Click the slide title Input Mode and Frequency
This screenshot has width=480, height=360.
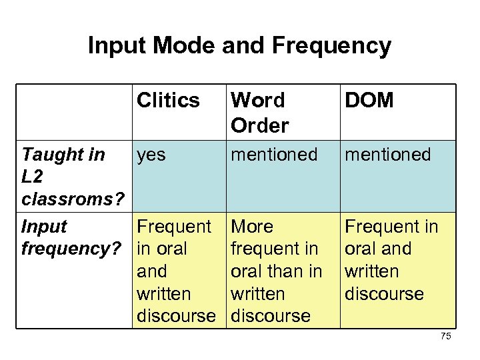(x=239, y=45)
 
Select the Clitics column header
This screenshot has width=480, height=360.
(x=168, y=101)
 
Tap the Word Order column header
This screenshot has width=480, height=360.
(x=259, y=112)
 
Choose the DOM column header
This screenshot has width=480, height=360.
(x=369, y=101)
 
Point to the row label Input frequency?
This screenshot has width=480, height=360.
(x=71, y=237)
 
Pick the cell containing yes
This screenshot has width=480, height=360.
(x=151, y=155)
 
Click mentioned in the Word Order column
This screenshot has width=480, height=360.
(x=274, y=155)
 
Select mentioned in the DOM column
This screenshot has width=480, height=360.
(x=387, y=155)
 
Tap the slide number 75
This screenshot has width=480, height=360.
(x=446, y=337)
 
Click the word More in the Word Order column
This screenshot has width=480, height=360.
(x=252, y=227)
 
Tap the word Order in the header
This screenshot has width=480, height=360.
(x=259, y=125)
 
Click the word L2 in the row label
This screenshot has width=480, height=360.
(x=32, y=177)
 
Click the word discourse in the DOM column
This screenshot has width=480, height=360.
(x=383, y=294)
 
